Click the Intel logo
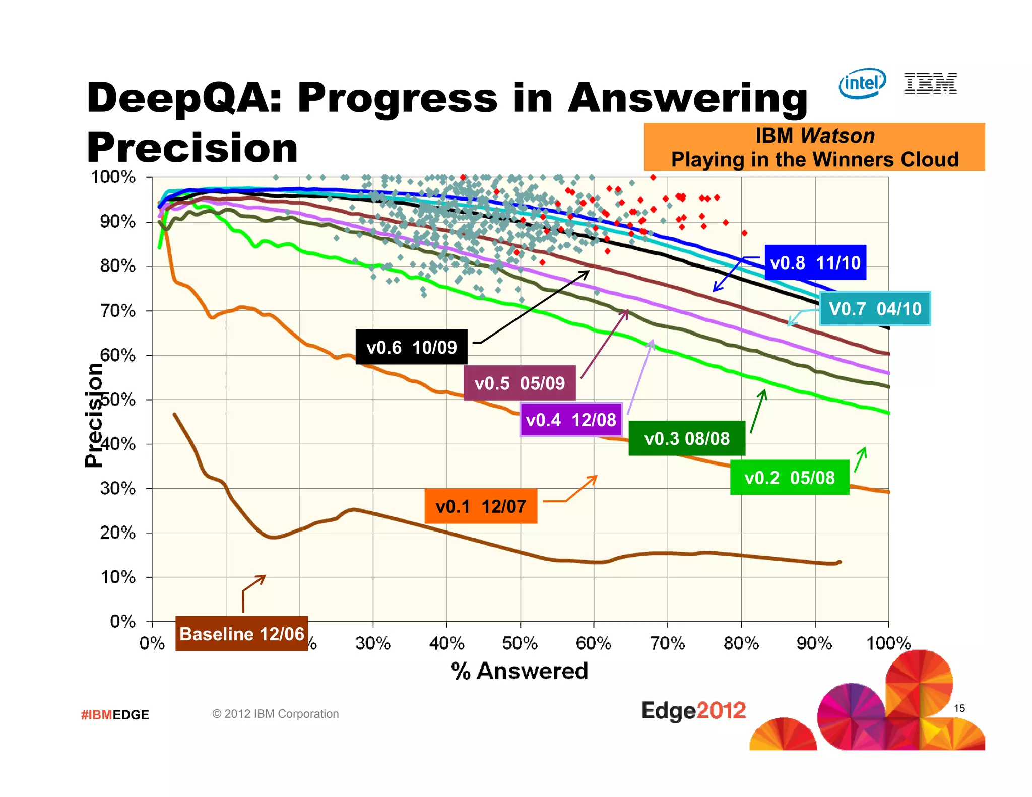[862, 83]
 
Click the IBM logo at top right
[930, 83]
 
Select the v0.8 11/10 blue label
[815, 262]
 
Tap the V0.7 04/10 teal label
[875, 308]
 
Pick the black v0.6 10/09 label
[411, 347]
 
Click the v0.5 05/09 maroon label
[520, 383]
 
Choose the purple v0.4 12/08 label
[571, 419]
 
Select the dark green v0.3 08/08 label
[686, 438]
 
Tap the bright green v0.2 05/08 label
[789, 477]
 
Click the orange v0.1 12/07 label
[481, 506]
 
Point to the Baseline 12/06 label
[241, 633]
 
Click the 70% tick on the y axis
[118, 311]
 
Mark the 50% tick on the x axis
[520, 643]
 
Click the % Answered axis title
[520, 671]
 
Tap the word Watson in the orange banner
[837, 136]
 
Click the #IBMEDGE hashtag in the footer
[115, 714]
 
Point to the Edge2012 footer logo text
[693, 711]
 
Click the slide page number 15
[959, 708]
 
